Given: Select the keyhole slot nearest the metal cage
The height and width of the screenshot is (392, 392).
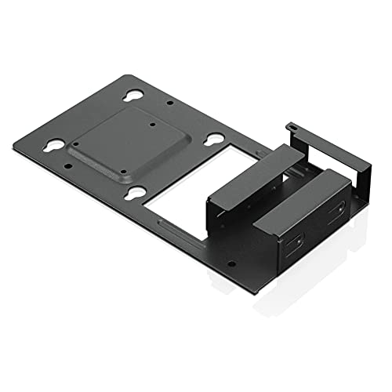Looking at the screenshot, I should click(x=213, y=138).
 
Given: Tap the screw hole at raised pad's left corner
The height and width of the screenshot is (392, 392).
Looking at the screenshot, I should click(x=77, y=145).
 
